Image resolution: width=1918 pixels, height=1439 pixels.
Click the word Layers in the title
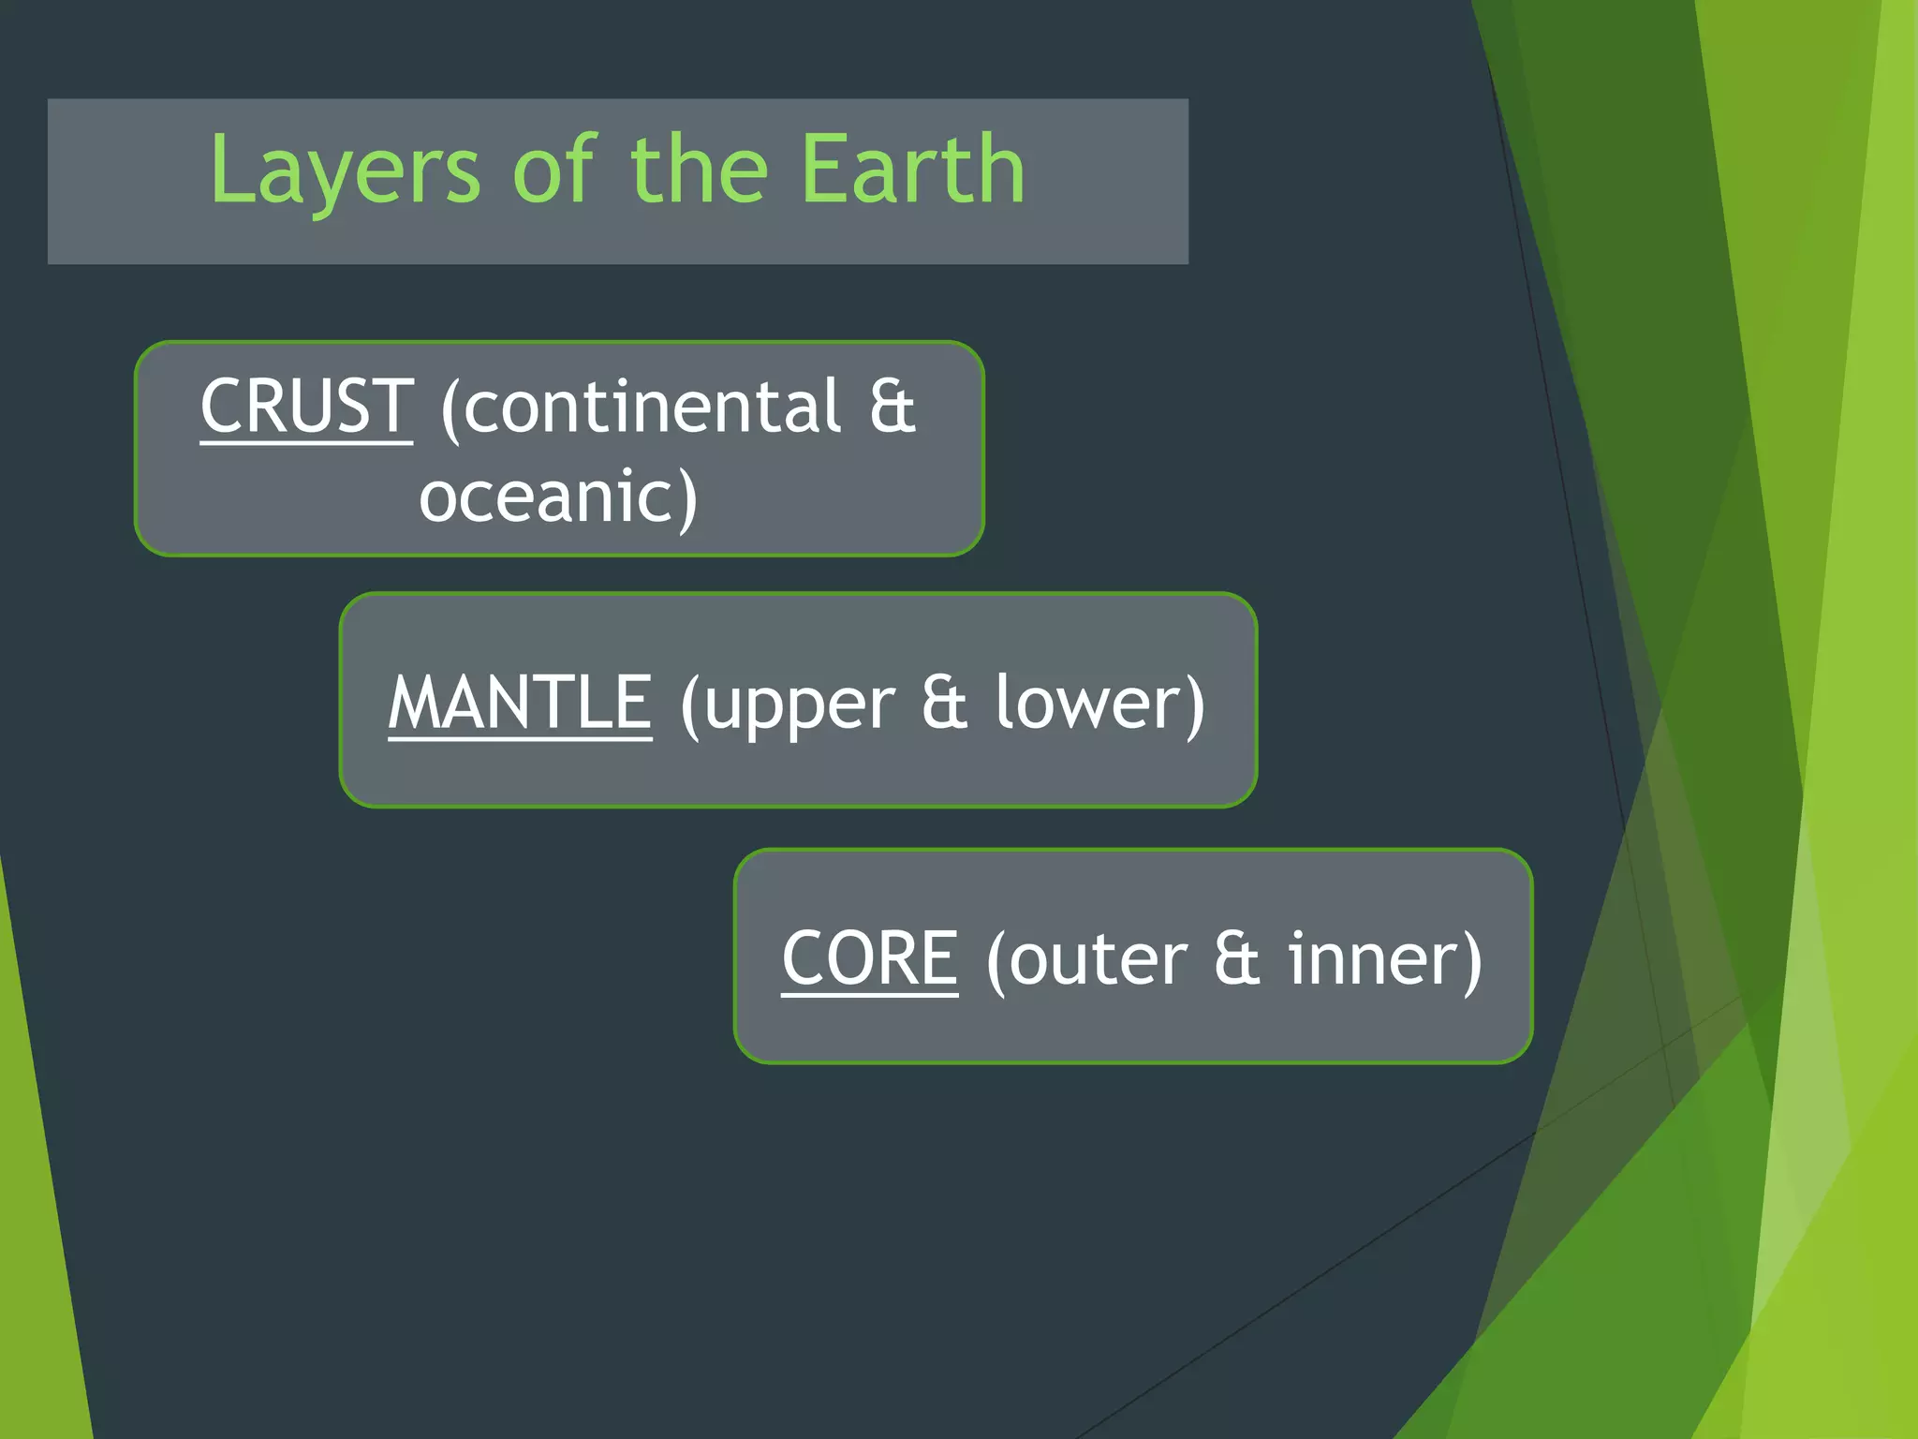click(x=345, y=171)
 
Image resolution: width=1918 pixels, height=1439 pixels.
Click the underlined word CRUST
click(x=306, y=407)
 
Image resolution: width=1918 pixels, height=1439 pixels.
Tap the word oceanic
click(x=547, y=497)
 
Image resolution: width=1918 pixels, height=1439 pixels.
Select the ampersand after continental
click(x=892, y=407)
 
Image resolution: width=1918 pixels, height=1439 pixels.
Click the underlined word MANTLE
click(x=520, y=703)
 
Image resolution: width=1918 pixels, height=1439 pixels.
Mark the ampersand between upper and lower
click(x=943, y=703)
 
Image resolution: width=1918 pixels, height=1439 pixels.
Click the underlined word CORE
click(x=870, y=958)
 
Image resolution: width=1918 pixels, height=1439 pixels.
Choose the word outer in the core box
click(x=1098, y=961)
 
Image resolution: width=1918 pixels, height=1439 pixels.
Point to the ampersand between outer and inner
click(x=1236, y=958)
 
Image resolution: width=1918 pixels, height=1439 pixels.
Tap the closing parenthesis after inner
click(x=1472, y=961)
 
